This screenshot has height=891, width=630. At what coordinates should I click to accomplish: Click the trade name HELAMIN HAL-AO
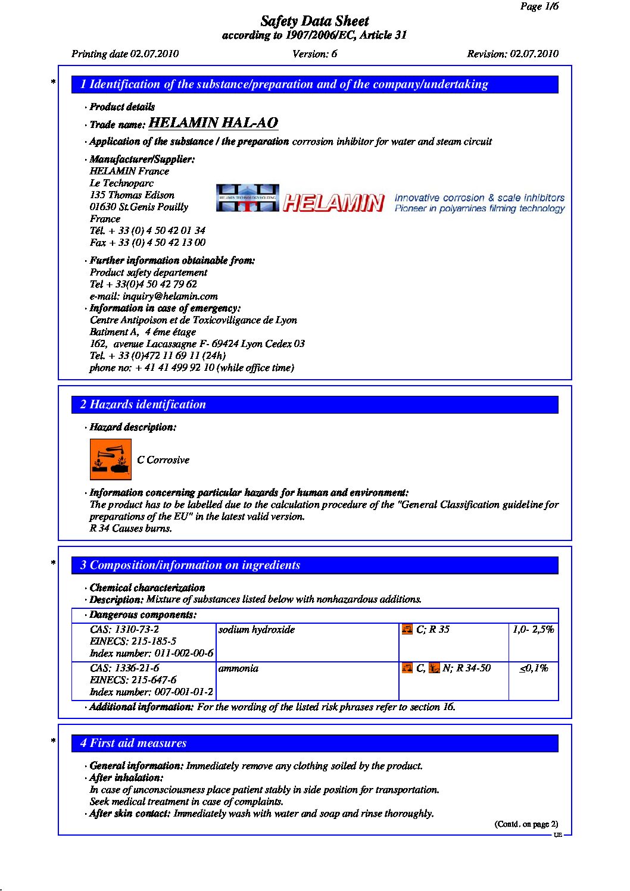pyautogui.click(x=213, y=123)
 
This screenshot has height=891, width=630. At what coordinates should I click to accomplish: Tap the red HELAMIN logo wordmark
pyautogui.click(x=333, y=203)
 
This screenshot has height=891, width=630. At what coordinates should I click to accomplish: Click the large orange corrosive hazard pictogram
pyautogui.click(x=110, y=459)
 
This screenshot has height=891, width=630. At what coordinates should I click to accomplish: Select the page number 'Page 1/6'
pyautogui.click(x=539, y=7)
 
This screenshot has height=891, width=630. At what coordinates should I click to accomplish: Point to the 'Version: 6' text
pyautogui.click(x=314, y=54)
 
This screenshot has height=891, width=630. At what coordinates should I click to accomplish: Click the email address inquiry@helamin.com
pyautogui.click(x=154, y=296)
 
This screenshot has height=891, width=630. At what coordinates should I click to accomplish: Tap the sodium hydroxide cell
pyautogui.click(x=257, y=630)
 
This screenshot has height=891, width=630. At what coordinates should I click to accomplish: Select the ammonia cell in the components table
pyautogui.click(x=239, y=668)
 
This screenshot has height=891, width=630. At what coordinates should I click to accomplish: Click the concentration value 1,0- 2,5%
pyautogui.click(x=533, y=630)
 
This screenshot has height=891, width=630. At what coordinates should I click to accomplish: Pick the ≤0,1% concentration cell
pyautogui.click(x=534, y=668)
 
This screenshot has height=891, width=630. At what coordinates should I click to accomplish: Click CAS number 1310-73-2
pyautogui.click(x=124, y=630)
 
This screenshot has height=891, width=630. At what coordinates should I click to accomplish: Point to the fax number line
pyautogui.click(x=148, y=242)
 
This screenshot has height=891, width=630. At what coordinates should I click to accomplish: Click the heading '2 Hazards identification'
pyautogui.click(x=143, y=405)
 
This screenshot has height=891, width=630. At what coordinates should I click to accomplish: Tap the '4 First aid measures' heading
pyautogui.click(x=133, y=743)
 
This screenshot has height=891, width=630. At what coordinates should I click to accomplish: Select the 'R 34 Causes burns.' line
pyautogui.click(x=131, y=529)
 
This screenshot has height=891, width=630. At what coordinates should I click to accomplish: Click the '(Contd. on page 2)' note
pyautogui.click(x=526, y=824)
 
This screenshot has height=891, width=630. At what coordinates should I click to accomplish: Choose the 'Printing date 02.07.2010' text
pyautogui.click(x=125, y=54)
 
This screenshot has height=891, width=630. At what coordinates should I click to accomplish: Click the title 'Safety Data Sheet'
pyautogui.click(x=314, y=21)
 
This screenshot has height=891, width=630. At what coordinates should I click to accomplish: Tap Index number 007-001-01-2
pyautogui.click(x=151, y=692)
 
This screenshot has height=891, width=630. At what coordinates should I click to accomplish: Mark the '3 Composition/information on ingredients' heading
pyautogui.click(x=190, y=565)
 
